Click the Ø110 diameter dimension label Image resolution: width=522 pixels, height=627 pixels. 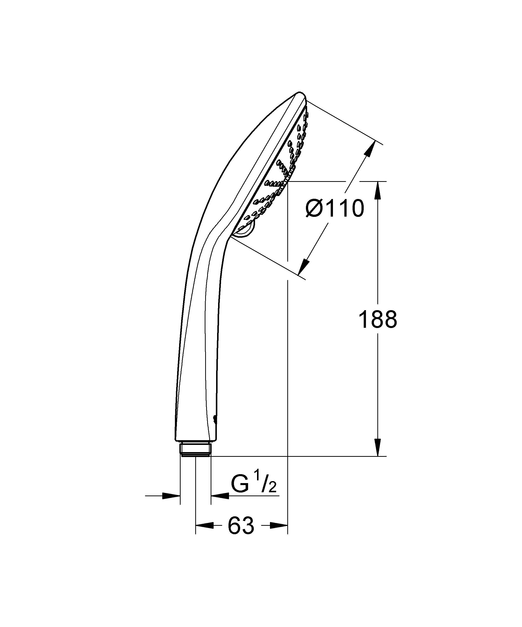pyautogui.click(x=335, y=209)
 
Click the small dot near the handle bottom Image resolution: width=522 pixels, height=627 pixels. pyautogui.click(x=214, y=419)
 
